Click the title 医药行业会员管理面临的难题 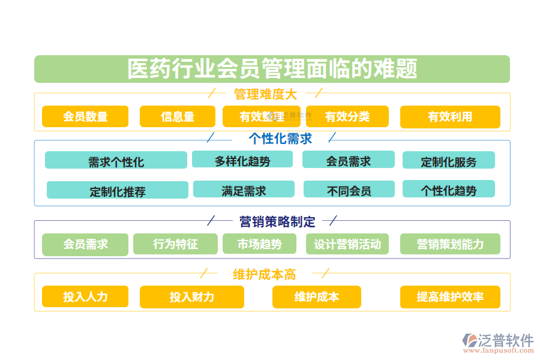coord(272,69)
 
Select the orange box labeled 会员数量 coord(85,116)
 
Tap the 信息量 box coord(178,116)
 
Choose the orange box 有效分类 coord(347,116)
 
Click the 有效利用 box coord(450,116)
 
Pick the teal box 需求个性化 coord(116,160)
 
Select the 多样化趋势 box coord(242,160)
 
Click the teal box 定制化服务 coord(449,160)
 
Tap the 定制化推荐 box coord(118,190)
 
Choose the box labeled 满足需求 coord(244,190)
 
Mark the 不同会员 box coord(349,190)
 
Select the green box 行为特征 coord(175,244)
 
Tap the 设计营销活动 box coord(347,244)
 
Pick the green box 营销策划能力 coord(450,244)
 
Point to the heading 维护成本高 coord(265,274)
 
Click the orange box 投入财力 coord(192,297)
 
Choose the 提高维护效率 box coord(450,297)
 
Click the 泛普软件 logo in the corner coord(497,343)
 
